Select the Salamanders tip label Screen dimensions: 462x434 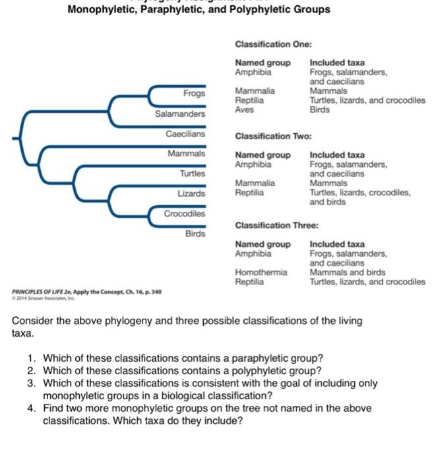[x=180, y=114]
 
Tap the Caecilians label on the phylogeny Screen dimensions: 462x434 [x=185, y=133]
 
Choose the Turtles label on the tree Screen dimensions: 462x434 [x=193, y=173]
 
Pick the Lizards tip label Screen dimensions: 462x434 [x=191, y=193]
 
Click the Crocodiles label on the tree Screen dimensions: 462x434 [x=185, y=213]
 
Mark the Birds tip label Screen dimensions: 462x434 [x=195, y=233]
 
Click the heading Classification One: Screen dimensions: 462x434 [x=273, y=44]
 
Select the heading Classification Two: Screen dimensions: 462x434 [x=273, y=137]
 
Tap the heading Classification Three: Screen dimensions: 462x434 [x=276, y=225]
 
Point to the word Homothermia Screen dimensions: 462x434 [x=261, y=272]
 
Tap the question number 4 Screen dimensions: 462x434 [x=30, y=408]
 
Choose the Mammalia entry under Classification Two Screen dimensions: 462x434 [x=255, y=183]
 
